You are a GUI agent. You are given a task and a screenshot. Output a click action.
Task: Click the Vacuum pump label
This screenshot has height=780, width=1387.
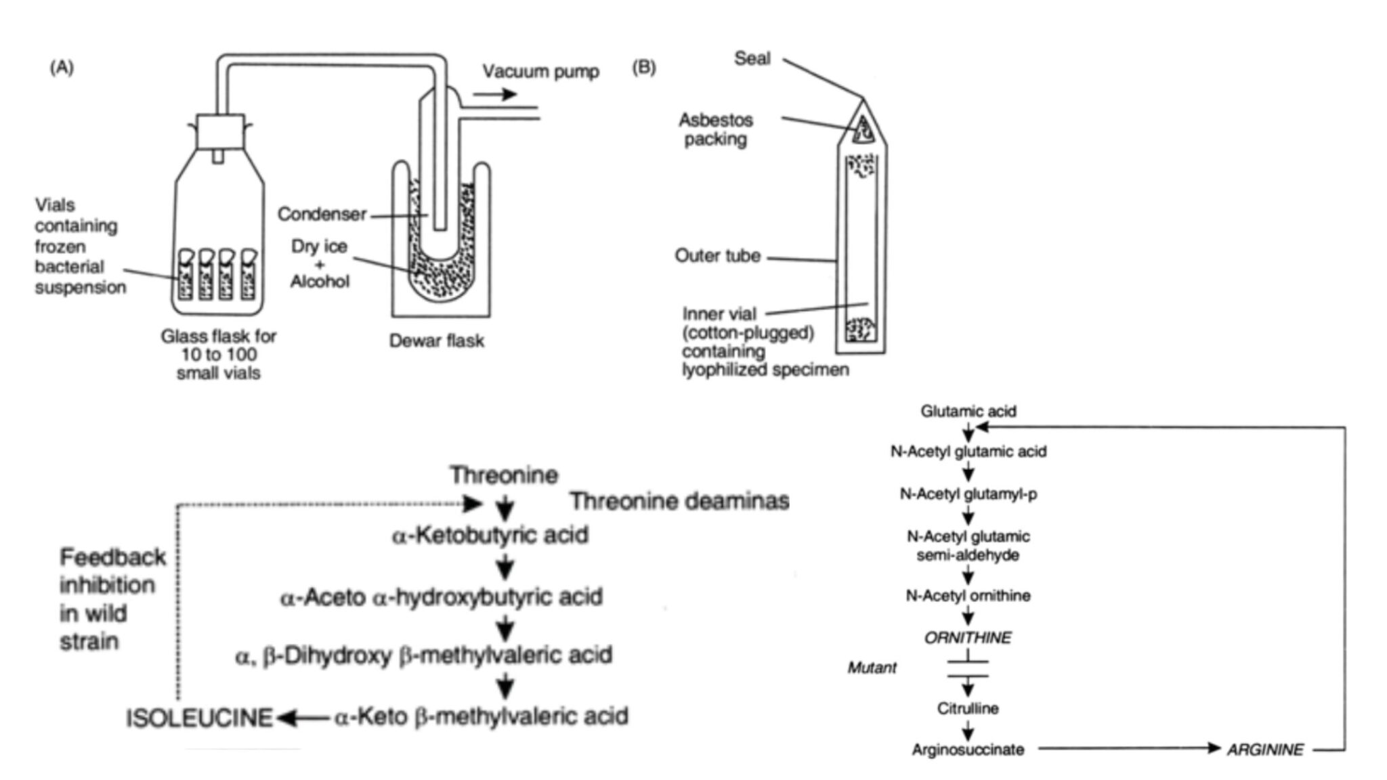[x=540, y=71]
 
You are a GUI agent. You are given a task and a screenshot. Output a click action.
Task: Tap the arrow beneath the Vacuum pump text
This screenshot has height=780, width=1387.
[x=495, y=93]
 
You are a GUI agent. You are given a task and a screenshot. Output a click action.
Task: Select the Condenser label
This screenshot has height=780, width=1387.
[x=322, y=214]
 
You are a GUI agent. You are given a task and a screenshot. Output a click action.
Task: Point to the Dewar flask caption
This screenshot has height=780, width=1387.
[x=436, y=341]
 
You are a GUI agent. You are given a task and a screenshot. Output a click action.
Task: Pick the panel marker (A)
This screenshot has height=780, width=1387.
[x=62, y=67]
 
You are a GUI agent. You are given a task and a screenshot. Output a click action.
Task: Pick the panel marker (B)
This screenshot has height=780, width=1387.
[x=643, y=68]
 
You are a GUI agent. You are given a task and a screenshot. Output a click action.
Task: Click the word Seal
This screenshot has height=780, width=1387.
[x=752, y=59]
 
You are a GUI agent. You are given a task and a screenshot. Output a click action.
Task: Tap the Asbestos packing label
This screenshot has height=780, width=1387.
[x=715, y=129]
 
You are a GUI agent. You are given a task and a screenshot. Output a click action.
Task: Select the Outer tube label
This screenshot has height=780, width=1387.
[x=717, y=256]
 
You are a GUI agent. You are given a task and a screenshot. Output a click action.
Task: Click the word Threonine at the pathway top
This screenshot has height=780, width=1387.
[x=504, y=475]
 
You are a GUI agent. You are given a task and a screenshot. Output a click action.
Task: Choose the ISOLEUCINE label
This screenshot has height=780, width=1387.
[x=199, y=718]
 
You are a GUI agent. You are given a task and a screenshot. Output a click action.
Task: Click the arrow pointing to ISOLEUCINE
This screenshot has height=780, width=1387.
[x=303, y=718]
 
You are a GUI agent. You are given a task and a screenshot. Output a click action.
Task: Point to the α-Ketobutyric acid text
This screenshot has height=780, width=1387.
[x=490, y=536]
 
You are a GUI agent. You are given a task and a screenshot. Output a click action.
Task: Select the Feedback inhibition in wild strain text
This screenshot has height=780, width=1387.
[x=112, y=599]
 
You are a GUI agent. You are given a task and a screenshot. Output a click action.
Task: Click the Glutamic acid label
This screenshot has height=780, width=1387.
[x=968, y=411]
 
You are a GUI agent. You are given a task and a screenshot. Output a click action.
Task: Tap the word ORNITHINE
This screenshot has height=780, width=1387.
[x=967, y=638]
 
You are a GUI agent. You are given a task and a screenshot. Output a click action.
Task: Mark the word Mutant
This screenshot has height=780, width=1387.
[x=872, y=668]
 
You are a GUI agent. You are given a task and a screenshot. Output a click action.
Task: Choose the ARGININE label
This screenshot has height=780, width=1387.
[x=1264, y=750]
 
